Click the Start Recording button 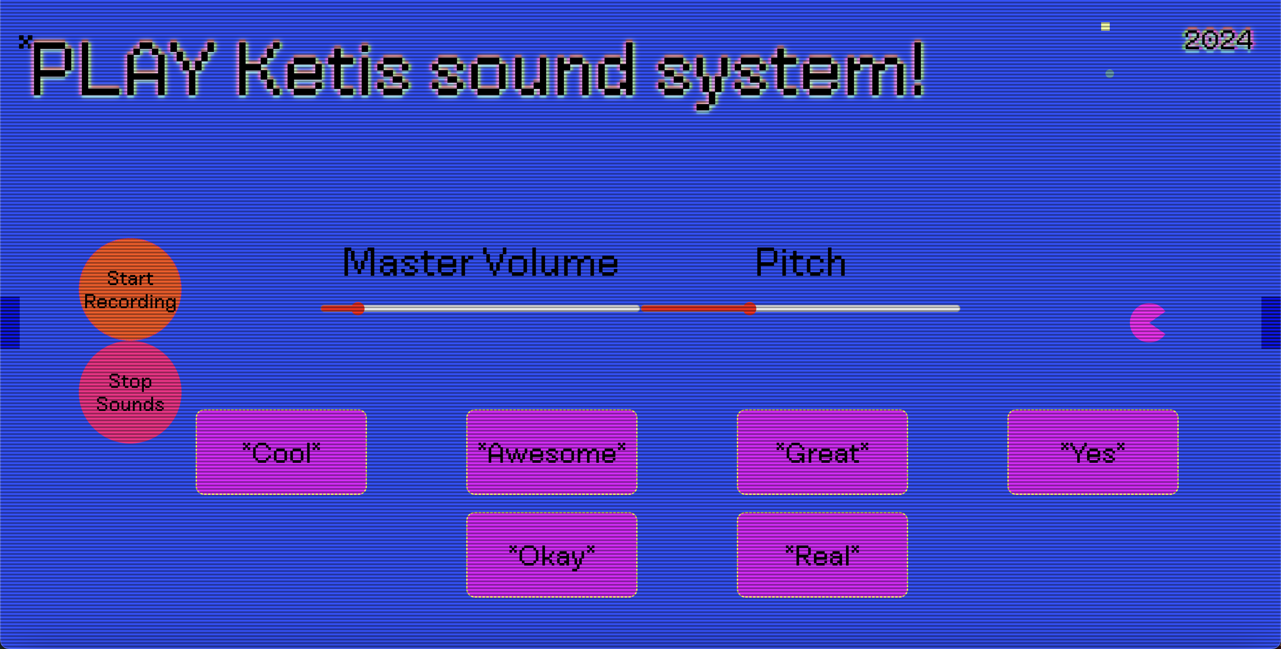point(130,289)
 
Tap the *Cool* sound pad point(281,452)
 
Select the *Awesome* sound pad point(552,452)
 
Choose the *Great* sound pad point(822,452)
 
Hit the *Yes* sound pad point(1093,452)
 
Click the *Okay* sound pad point(552,554)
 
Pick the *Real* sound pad point(822,554)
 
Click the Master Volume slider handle point(358,308)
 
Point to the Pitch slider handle point(750,308)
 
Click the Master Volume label point(481,262)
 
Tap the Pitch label point(801,262)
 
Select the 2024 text point(1218,40)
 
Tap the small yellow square point(1105,27)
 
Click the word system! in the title point(791,74)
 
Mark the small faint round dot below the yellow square point(1109,74)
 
